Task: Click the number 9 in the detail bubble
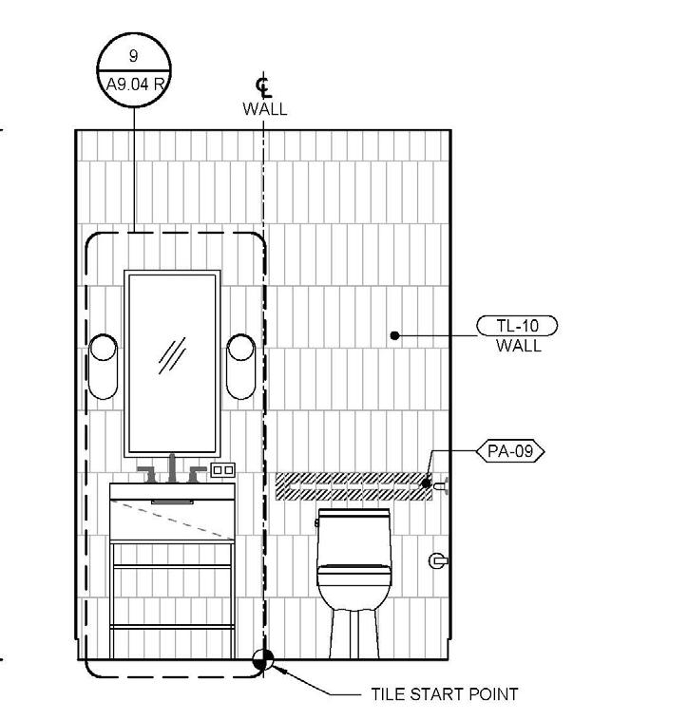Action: (133, 56)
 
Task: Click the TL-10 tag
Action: (517, 326)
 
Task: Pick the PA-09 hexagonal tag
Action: (511, 451)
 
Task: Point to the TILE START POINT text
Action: (445, 694)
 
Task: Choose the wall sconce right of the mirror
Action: (241, 366)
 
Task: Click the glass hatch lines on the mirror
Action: (172, 355)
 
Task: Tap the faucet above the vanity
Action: (173, 470)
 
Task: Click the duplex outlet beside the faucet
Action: (222, 470)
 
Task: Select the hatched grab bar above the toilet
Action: (352, 485)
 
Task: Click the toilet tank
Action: (354, 529)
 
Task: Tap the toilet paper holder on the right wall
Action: (438, 560)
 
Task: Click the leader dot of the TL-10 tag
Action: (394, 334)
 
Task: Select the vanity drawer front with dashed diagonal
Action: (173, 521)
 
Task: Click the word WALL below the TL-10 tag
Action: (518, 346)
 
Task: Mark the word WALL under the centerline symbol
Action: (264, 109)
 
